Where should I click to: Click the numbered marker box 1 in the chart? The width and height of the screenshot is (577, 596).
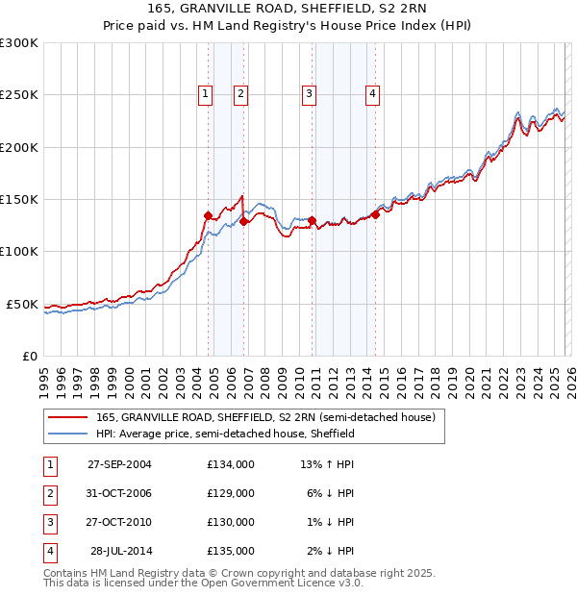click(x=206, y=93)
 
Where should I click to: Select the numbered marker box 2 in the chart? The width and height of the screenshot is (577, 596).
click(x=239, y=93)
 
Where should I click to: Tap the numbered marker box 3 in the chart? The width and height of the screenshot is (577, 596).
click(x=309, y=93)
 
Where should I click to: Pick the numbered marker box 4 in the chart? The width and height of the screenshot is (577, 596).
click(x=372, y=93)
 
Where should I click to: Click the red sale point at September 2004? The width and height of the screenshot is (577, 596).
click(x=209, y=216)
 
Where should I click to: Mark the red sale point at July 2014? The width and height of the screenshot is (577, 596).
click(x=375, y=214)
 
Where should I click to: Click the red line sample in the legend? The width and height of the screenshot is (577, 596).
click(x=68, y=417)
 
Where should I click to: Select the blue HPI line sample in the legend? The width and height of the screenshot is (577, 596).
click(x=68, y=434)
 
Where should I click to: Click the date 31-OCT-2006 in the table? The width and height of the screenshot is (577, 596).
click(x=119, y=493)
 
